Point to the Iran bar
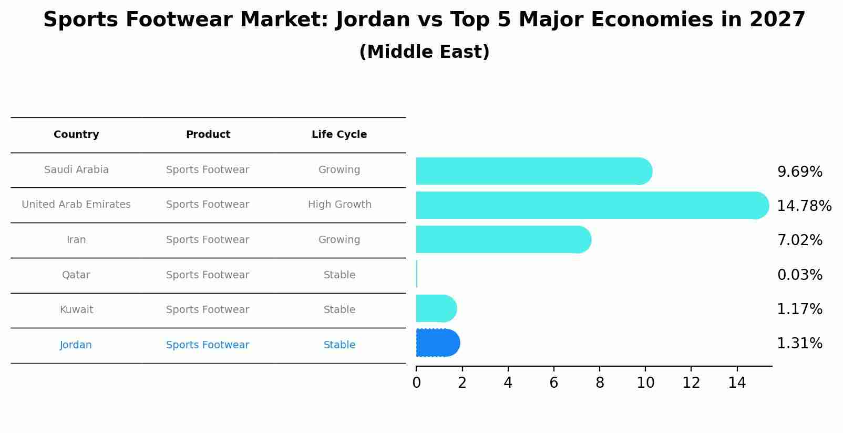point(502,239)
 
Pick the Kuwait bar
point(436,308)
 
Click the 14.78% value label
point(804,206)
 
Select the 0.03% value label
point(799,275)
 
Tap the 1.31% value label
point(799,344)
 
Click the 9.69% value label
point(799,172)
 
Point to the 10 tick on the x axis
point(645,383)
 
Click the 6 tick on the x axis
point(553,383)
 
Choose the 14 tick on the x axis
point(737,383)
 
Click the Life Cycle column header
point(339,135)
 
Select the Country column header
point(76,135)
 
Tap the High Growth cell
point(340,205)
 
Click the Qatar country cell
point(76,275)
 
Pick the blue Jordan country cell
point(76,345)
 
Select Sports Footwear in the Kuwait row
point(208,310)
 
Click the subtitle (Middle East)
point(424,52)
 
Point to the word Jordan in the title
point(373,20)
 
